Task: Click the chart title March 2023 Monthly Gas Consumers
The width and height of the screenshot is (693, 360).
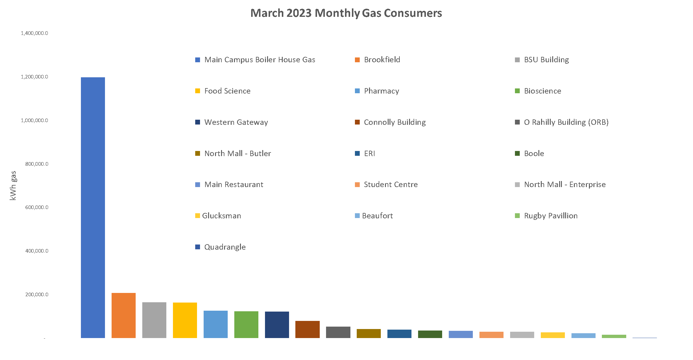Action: pos(346,13)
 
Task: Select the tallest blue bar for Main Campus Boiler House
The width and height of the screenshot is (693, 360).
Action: pos(93,208)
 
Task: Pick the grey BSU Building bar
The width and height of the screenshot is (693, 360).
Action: pos(154,320)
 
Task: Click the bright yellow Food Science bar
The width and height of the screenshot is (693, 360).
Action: pos(185,320)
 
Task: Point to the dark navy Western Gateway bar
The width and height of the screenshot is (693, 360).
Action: pos(277,325)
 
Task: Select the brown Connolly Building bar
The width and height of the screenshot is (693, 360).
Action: pos(307,329)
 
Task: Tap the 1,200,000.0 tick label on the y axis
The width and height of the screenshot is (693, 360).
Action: pos(34,77)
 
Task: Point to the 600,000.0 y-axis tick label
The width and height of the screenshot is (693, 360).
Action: pos(37,207)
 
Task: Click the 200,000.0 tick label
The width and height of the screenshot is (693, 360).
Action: pos(37,294)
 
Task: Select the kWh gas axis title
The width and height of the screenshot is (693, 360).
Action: pos(13,186)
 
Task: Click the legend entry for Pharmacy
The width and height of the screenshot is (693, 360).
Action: pos(381,91)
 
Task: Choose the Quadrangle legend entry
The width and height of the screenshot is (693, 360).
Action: pos(225,247)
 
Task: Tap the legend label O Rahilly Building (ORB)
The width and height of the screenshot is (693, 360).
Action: pos(566,122)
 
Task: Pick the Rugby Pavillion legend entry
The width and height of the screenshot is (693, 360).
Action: pos(550,216)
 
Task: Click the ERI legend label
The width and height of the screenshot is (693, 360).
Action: pos(369,153)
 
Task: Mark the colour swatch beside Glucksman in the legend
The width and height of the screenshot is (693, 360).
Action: pos(198,216)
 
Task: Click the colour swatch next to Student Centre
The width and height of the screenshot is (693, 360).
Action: pos(357,185)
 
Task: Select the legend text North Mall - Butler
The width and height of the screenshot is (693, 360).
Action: pos(238,153)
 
